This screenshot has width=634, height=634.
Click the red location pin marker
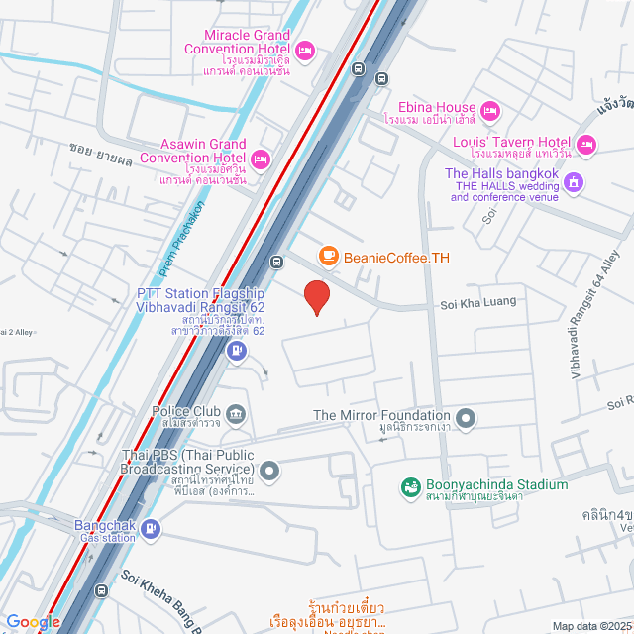pyautogui.click(x=316, y=297)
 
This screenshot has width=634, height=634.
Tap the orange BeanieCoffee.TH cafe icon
pyautogui.click(x=328, y=257)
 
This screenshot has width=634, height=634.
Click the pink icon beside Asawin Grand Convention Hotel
pyautogui.click(x=261, y=158)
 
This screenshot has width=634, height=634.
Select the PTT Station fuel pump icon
pyautogui.click(x=236, y=350)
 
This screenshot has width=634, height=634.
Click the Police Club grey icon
pyautogui.click(x=236, y=412)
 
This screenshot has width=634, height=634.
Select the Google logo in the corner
pyautogui.click(x=34, y=621)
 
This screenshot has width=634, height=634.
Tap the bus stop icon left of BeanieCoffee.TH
pyautogui.click(x=277, y=263)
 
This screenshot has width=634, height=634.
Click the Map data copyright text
pyautogui.click(x=589, y=626)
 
